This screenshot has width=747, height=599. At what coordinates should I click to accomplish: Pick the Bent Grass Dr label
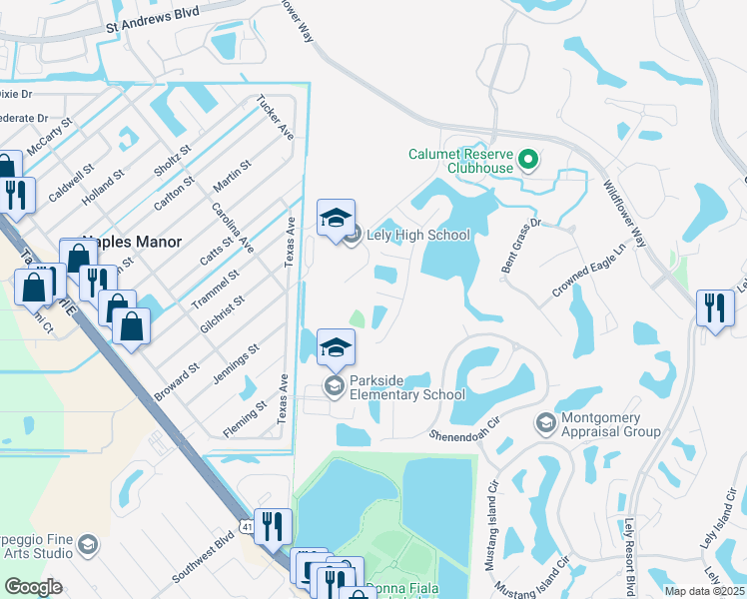tap(520, 246)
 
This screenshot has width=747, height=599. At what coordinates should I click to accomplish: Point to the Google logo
tap(33, 587)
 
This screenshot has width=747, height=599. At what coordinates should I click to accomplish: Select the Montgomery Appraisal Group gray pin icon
tap(545, 424)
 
